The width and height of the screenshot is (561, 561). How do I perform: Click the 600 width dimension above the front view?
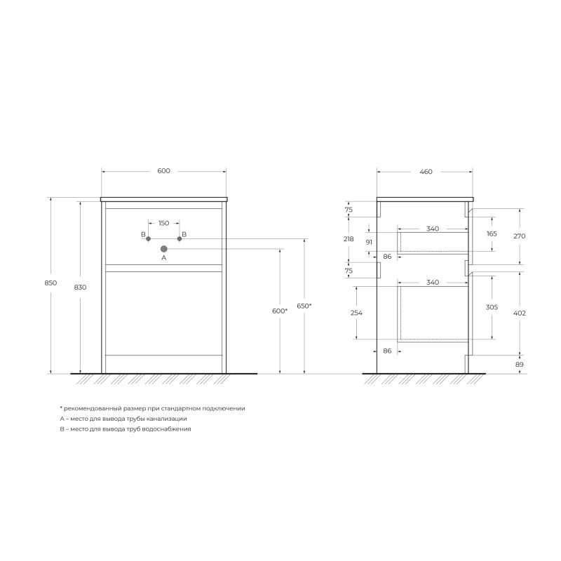pos(163,171)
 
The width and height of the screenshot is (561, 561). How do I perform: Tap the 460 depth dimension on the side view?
pos(425,171)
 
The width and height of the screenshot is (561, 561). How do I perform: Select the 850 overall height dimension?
pos(50,283)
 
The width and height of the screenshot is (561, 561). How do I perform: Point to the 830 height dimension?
pos(80,287)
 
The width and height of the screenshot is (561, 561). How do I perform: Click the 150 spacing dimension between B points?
pos(163,223)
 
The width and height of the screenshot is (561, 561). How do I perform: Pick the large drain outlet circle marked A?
pos(164,248)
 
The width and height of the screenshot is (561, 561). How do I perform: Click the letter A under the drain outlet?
pos(163,258)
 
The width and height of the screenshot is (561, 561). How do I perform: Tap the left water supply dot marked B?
pos(149,239)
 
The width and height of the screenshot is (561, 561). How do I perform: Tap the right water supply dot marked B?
pos(180,239)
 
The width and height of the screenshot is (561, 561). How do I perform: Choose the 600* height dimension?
pos(280,310)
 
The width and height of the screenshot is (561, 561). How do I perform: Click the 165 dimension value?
pos(492,234)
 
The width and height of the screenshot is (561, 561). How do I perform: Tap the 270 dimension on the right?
pos(520,236)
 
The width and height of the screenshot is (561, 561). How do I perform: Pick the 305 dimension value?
pos(492,306)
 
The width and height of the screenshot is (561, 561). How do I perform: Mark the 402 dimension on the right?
pos(520,313)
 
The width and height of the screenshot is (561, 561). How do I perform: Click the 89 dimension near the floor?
pos(520,364)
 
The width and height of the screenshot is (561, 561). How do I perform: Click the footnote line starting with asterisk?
pos(152,408)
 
